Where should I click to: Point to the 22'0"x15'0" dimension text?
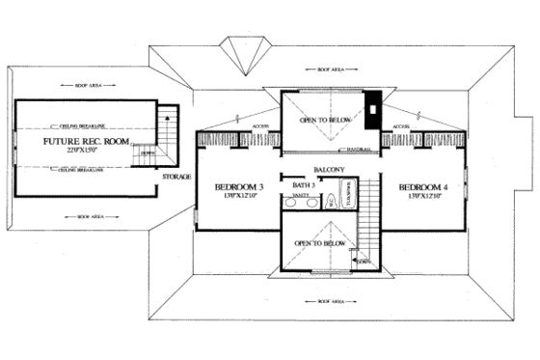click(x=85, y=152)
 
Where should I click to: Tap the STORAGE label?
click(x=176, y=178)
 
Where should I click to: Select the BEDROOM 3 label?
click(x=239, y=186)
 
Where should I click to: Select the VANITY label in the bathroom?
click(x=299, y=195)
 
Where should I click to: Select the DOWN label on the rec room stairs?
click(x=148, y=152)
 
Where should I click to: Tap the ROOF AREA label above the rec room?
click(x=87, y=85)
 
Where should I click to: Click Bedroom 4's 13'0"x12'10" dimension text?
click(x=423, y=197)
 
